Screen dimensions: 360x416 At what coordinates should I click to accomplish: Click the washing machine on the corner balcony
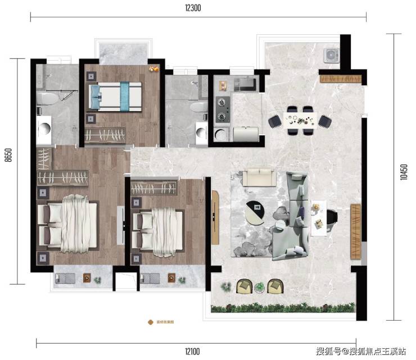tap(331, 56)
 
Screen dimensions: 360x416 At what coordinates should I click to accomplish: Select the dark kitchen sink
tap(245, 84)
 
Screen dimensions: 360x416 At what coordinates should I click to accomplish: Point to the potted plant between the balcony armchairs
tap(259, 288)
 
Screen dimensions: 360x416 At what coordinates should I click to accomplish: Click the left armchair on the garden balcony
tap(245, 286)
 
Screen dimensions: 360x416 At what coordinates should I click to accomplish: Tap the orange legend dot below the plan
tap(150, 322)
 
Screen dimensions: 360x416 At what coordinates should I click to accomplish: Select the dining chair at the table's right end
tap(325, 121)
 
